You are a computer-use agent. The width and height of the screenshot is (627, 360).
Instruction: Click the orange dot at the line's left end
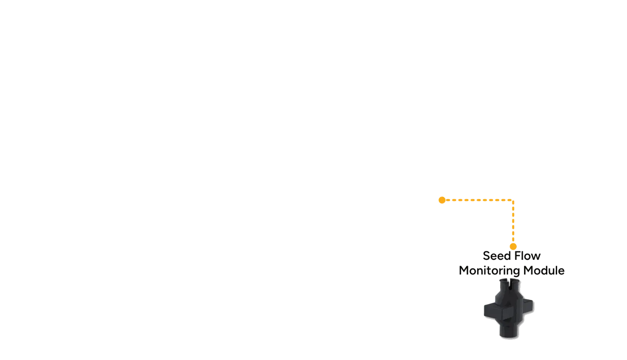pyautogui.click(x=442, y=200)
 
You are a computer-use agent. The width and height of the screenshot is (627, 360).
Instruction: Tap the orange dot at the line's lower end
pyautogui.click(x=513, y=247)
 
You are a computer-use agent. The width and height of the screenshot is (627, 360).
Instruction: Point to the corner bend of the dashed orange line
pyautogui.click(x=513, y=200)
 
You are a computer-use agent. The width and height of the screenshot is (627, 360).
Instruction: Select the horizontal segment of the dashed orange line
pyautogui.click(x=477, y=200)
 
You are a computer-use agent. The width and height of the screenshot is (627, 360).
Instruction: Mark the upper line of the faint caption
pyautogui.click(x=512, y=256)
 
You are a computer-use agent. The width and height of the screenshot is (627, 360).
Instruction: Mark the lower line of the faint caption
pyautogui.click(x=512, y=271)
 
